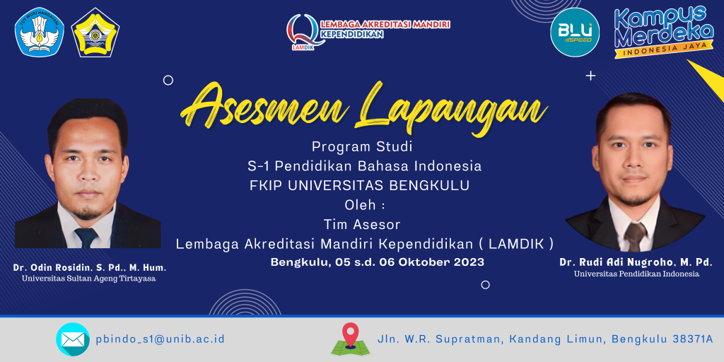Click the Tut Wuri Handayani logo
click(40, 33)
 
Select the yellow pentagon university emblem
click(95, 33)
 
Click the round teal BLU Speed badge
click(575, 33)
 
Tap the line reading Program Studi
click(361, 148)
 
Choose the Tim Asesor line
click(361, 224)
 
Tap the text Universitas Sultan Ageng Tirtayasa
click(89, 279)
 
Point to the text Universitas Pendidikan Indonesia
click(637, 274)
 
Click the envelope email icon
click(73, 339)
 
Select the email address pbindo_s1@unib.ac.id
click(160, 339)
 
